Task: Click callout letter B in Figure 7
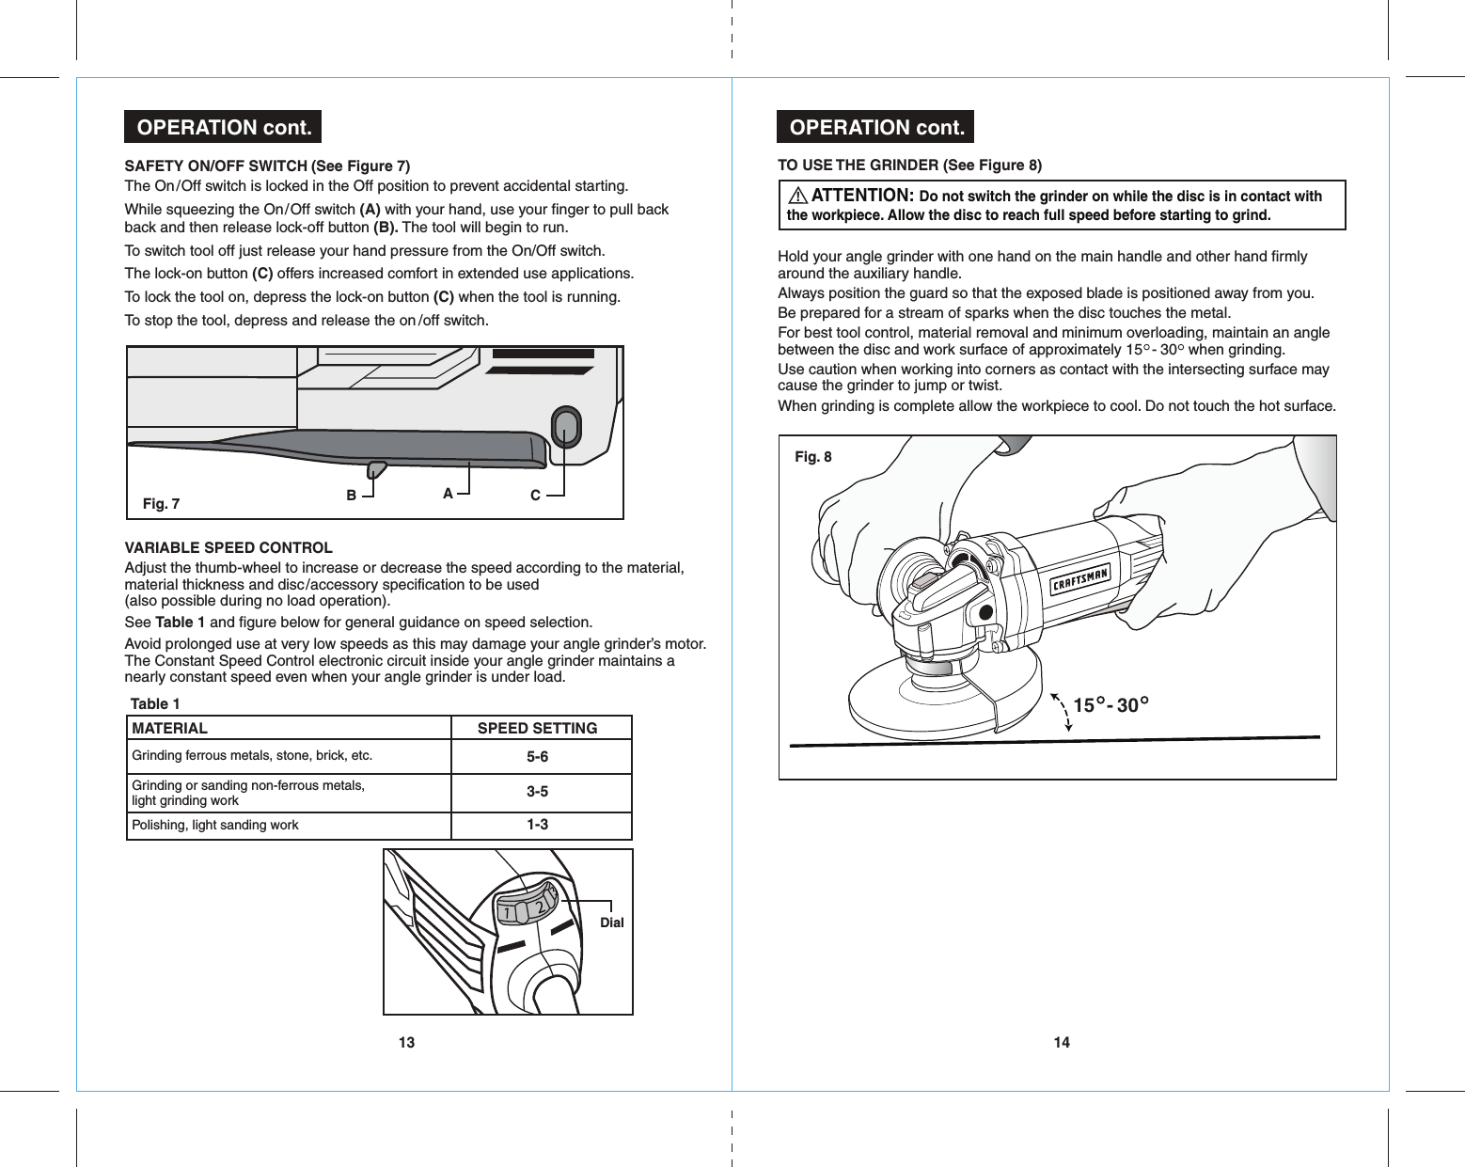pos(351,495)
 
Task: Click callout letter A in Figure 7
pos(448,493)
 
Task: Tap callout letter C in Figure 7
pos(535,496)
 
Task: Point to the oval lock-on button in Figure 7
pos(565,427)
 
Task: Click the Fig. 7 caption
pos(161,504)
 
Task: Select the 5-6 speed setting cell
pos(537,757)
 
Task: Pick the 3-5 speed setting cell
pos(537,792)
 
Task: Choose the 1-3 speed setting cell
pos(537,825)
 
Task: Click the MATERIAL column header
pos(170,728)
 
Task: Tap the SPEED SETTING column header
pos(537,728)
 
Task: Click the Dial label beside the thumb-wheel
pos(611,923)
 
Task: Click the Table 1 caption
pos(155,703)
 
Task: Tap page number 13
pos(406,1042)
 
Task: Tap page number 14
pos(1062,1042)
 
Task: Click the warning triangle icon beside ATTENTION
pos(798,196)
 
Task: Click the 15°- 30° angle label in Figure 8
pos(1111,704)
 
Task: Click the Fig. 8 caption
pos(812,457)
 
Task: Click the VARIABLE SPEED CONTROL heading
pos(228,547)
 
